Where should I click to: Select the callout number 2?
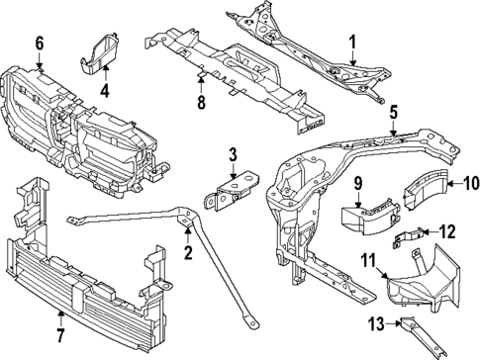pyautogui.click(x=186, y=252)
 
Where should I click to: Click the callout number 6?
pyautogui.click(x=40, y=43)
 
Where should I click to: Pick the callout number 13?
pyautogui.click(x=375, y=322)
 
